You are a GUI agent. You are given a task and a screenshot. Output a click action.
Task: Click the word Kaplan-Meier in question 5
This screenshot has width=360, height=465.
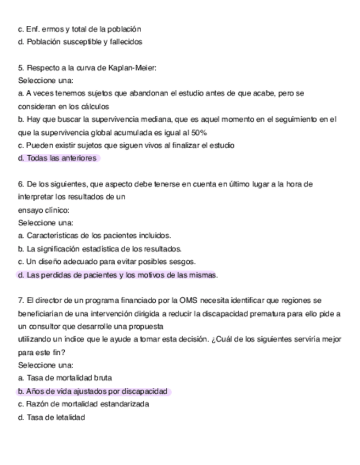click(x=136, y=67)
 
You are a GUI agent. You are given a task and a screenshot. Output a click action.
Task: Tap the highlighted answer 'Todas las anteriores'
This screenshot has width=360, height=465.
click(x=58, y=158)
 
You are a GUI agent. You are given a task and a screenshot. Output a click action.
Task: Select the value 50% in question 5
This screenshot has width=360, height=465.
click(x=198, y=132)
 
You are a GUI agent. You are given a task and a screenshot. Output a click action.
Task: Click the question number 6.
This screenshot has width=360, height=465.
click(x=21, y=184)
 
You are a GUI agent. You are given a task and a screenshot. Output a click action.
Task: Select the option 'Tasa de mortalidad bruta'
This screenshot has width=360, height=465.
click(x=65, y=378)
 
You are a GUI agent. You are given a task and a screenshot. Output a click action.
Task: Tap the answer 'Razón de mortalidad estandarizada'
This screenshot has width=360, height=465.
click(x=83, y=404)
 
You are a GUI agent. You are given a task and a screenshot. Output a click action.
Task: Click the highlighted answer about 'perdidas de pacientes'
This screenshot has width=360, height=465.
click(x=117, y=275)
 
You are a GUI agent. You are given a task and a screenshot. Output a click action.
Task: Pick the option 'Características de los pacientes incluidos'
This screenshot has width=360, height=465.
click(x=94, y=236)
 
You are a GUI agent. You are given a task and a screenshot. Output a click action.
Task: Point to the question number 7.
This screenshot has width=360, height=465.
click(x=21, y=300)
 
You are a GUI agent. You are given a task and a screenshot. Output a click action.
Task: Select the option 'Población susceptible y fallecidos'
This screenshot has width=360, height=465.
click(x=80, y=42)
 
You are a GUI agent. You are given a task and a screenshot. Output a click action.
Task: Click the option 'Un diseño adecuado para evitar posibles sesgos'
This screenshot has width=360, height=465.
click(x=106, y=262)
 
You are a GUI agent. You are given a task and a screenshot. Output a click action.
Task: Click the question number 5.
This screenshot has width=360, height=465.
click(x=21, y=67)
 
